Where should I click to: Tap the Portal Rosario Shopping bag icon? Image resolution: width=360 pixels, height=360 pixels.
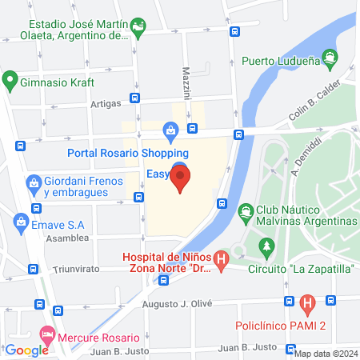[x=170, y=130]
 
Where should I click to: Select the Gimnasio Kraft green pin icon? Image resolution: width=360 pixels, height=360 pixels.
[x=10, y=80]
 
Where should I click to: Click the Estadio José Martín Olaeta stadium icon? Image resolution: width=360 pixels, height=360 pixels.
[x=139, y=26]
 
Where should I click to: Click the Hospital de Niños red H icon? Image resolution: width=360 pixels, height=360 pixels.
[x=222, y=259]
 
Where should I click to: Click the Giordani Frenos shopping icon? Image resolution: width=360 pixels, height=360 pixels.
[x=34, y=183]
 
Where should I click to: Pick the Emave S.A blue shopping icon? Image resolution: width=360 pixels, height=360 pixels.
[x=19, y=220]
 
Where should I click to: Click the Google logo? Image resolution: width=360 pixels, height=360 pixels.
[x=26, y=350]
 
